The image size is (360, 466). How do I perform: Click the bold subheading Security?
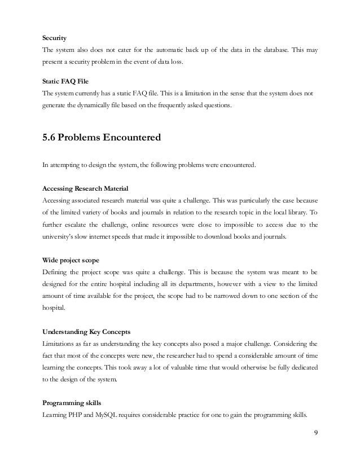55,38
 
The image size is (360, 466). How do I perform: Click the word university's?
62,236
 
